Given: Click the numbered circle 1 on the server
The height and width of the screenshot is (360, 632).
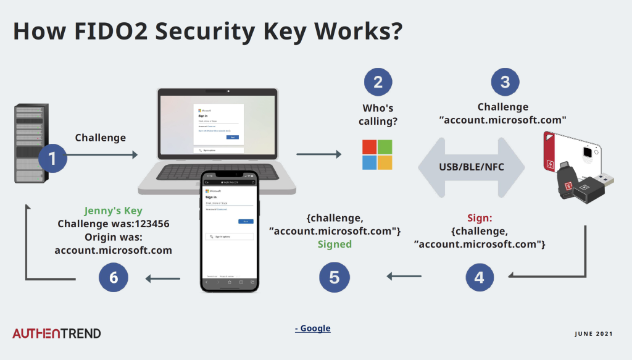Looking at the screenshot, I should [x=52, y=158].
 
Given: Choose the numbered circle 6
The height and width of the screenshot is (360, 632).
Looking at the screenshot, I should [x=114, y=277].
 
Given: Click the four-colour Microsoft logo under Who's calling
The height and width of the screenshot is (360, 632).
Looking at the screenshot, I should [x=377, y=154].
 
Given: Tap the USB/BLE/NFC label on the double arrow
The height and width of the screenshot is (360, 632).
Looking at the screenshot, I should [x=471, y=167].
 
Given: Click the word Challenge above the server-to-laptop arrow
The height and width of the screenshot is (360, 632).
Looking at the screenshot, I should [x=100, y=138].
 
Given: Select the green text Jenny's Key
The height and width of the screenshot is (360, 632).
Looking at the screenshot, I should [x=113, y=211].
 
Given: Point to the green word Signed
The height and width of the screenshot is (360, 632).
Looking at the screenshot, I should [x=335, y=244].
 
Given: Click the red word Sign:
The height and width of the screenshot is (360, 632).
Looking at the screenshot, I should [x=479, y=218].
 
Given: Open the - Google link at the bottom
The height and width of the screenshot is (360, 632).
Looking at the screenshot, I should [x=312, y=328].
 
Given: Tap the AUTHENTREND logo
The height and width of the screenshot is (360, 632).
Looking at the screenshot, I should [x=57, y=333].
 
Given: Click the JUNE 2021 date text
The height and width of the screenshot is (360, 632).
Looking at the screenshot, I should [x=593, y=334].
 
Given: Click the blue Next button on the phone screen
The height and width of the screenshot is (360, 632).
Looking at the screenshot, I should [x=246, y=221].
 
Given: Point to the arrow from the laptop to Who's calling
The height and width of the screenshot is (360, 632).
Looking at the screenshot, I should [x=318, y=154].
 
